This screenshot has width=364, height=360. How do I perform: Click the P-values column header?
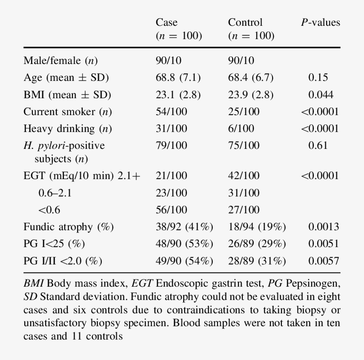tap(320, 22)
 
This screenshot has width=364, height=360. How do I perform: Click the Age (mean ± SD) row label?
tap(66, 78)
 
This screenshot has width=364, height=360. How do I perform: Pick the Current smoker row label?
tap(67, 112)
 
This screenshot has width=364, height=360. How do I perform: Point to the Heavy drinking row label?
tap(67, 129)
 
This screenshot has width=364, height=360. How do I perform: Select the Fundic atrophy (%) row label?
tap(69, 227)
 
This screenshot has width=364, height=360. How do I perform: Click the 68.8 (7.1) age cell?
tap(178, 78)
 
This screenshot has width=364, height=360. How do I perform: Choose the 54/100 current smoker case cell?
tap(171, 112)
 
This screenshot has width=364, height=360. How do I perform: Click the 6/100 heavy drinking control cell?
tap(241, 129)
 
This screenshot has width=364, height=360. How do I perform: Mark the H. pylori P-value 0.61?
tap(318, 145)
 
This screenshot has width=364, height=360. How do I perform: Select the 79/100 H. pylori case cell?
tap(171, 145)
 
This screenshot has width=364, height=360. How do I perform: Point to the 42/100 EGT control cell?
tap(244, 176)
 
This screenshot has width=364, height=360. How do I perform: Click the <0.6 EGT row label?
tap(49, 210)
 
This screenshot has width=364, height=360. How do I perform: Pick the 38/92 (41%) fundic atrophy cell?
tap(184, 227)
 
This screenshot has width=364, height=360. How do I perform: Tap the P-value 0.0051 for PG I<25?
tap(324, 244)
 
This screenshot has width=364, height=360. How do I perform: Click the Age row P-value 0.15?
tap(318, 78)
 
